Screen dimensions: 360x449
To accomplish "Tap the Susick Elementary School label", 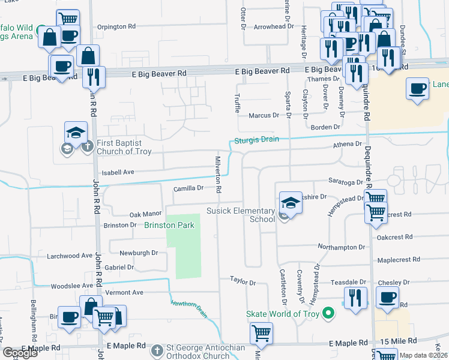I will tap(240, 215).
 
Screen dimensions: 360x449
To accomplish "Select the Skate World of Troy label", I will tap(282, 314).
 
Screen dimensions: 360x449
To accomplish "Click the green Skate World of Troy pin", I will tap(328, 313).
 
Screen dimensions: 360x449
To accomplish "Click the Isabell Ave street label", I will tap(118, 172).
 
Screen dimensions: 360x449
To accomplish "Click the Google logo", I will tap(20, 353).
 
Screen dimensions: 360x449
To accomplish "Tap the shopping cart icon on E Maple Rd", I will tap(261, 334).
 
